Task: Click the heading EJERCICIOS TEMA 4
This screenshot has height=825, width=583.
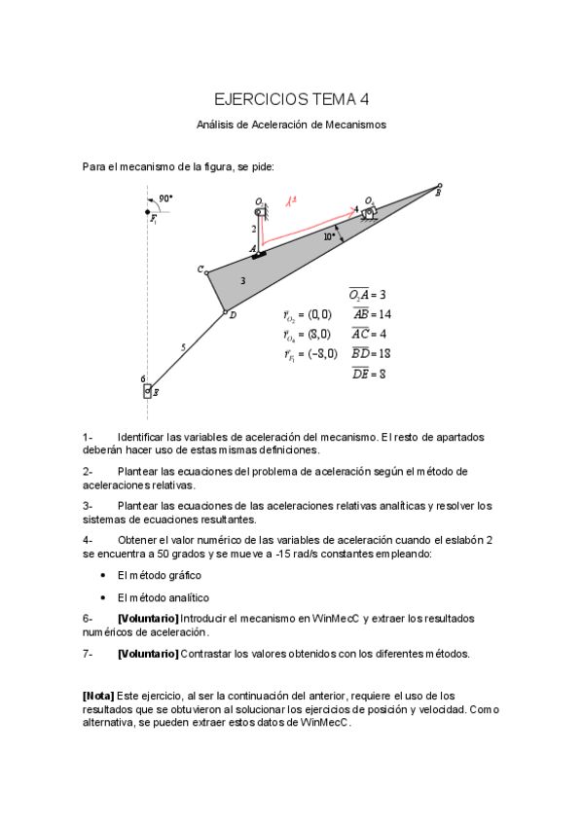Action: [291, 99]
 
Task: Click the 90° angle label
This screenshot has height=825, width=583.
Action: [165, 197]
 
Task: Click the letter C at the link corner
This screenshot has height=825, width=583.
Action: [200, 269]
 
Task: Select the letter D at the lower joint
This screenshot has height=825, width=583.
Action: [233, 315]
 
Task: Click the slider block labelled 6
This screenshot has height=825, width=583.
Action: [148, 391]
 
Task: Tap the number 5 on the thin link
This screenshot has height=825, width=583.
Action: [182, 346]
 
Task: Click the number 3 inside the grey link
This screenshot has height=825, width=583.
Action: [242, 280]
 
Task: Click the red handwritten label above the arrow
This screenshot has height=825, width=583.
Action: [290, 202]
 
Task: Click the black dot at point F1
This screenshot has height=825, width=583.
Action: [148, 211]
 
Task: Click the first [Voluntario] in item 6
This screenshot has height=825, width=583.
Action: [148, 619]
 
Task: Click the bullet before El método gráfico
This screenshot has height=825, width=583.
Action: [103, 575]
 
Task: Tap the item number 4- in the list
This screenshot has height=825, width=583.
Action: [88, 539]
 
